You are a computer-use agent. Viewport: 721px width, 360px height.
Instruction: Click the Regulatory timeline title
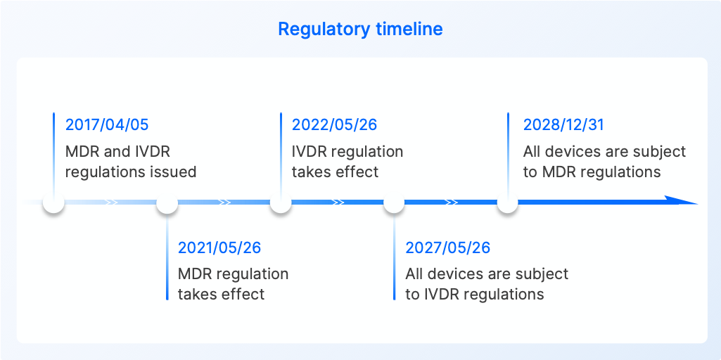(360, 29)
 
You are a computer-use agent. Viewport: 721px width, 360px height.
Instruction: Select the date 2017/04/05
(107, 125)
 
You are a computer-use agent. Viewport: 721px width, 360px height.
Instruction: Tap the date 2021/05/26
(219, 247)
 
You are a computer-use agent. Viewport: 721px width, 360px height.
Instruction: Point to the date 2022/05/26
(334, 125)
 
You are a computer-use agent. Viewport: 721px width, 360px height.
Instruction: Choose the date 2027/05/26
(447, 247)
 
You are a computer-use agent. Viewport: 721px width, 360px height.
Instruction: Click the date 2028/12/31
(563, 125)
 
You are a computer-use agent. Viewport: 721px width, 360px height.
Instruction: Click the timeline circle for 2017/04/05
(53, 203)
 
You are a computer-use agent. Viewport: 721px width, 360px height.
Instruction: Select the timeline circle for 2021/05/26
(167, 203)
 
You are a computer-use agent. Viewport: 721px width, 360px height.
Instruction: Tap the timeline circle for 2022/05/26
(281, 203)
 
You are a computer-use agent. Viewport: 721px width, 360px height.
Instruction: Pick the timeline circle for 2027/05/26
(394, 203)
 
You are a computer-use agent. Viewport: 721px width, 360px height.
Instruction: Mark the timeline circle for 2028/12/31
(508, 203)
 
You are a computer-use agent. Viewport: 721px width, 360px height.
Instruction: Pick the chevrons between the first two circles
(111, 202)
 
